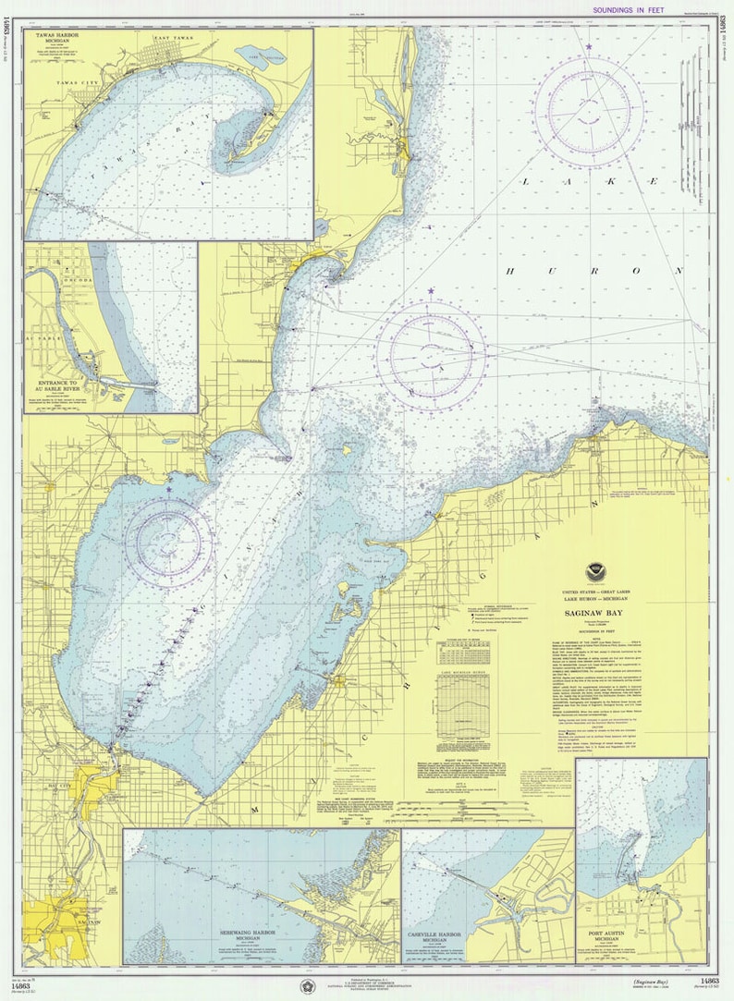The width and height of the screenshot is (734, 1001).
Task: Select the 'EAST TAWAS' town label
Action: coord(173,38)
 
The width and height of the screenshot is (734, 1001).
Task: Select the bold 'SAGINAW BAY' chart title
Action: coord(588,612)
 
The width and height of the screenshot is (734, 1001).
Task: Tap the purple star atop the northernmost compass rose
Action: coord(588,45)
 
